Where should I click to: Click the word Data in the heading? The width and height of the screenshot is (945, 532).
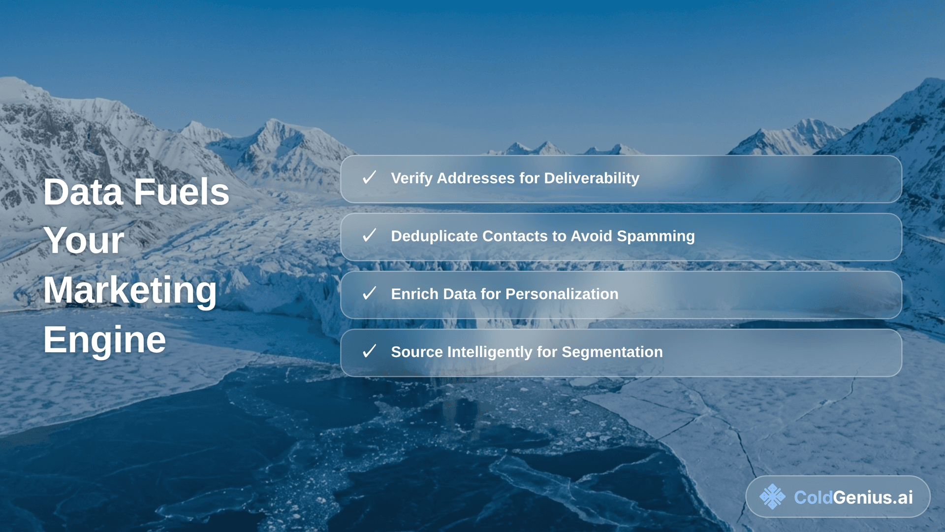coord(83,192)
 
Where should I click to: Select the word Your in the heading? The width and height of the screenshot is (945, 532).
coord(84,241)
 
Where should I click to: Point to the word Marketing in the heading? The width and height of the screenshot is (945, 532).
coord(130,291)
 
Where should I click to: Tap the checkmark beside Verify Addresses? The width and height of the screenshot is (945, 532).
coord(369,177)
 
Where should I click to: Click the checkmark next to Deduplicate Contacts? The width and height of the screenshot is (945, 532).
coord(369,235)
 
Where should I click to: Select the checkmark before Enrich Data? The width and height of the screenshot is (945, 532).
coord(369,294)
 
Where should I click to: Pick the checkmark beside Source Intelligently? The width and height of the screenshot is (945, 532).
coord(369,351)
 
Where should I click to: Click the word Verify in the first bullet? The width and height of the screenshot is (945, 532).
coord(411,178)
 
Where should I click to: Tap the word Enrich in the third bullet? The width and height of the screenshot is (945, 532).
coord(414,294)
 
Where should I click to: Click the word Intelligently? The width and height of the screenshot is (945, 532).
coord(502,352)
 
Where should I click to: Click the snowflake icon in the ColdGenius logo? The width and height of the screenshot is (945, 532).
coord(772,497)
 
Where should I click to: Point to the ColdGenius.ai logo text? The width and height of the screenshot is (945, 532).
coord(853,498)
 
